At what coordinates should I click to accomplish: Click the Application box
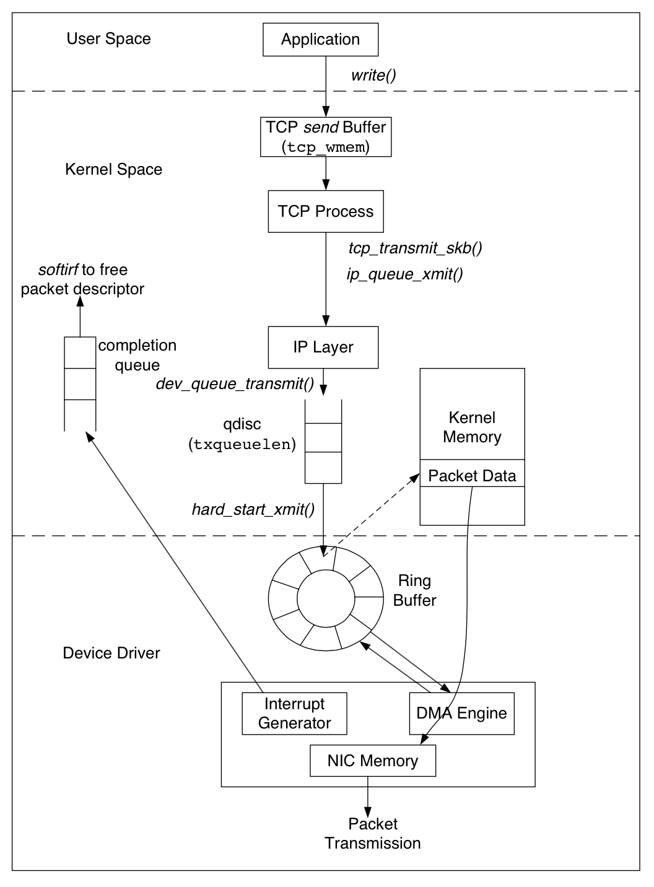tap(320, 40)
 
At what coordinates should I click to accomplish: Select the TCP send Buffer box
tap(326, 137)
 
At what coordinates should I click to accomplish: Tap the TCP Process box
tap(326, 212)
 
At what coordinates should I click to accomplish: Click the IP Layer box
tap(323, 347)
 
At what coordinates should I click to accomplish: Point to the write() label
tap(373, 76)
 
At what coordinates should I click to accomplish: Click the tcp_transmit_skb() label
tap(415, 248)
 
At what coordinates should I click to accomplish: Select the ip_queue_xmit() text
tap(404, 274)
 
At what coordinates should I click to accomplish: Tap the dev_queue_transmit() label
tap(235, 384)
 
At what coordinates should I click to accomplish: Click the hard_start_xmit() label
tap(253, 510)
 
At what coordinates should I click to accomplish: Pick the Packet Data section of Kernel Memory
tap(472, 476)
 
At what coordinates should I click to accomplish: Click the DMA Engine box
tap(461, 714)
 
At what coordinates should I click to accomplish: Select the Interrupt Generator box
tap(294, 714)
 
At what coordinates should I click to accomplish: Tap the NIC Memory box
tap(373, 761)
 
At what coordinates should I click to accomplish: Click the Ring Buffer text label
tap(414, 590)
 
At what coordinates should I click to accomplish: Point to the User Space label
tap(108, 39)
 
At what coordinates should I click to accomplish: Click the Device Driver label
tap(111, 653)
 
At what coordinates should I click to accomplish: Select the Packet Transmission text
tap(373, 834)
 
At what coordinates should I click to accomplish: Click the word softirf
tap(58, 270)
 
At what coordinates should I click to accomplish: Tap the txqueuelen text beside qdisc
tap(242, 445)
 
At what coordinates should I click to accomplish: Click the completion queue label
tap(137, 355)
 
